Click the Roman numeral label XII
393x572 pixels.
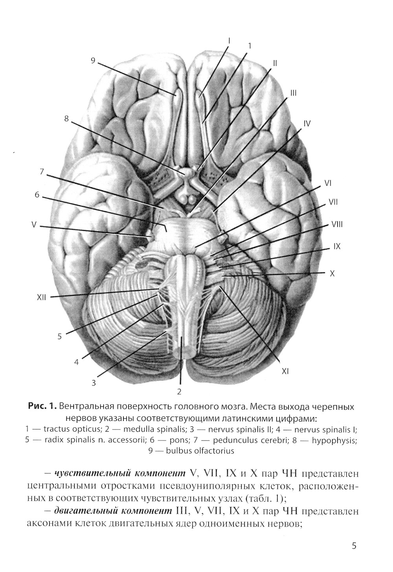tap(41, 298)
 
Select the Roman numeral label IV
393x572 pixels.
tap(307, 124)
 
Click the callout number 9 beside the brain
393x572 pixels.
tap(93, 60)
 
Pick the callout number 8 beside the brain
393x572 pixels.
tap(66, 119)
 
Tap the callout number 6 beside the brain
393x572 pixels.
tap(37, 195)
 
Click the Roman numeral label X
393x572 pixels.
tap(332, 274)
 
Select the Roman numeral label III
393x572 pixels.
tap(293, 93)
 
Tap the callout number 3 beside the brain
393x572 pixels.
tap(94, 383)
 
